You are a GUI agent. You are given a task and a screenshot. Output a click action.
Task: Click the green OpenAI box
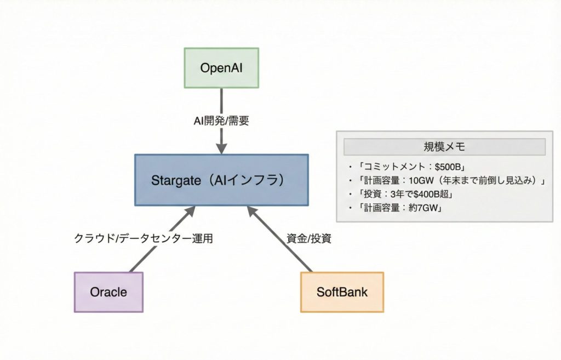click(221, 68)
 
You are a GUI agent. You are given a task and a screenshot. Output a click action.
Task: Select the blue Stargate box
click(221, 180)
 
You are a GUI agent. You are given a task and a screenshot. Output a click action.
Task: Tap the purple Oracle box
click(108, 292)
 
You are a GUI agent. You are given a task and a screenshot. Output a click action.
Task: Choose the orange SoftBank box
click(342, 292)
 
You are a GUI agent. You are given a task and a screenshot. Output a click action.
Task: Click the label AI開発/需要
click(221, 121)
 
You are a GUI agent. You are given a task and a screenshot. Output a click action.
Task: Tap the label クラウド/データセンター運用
click(143, 238)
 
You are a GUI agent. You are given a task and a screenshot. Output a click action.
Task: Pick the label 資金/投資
click(309, 238)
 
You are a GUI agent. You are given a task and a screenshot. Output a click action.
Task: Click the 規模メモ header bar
click(444, 147)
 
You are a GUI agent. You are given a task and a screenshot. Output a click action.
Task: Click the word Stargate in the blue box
click(173, 180)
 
